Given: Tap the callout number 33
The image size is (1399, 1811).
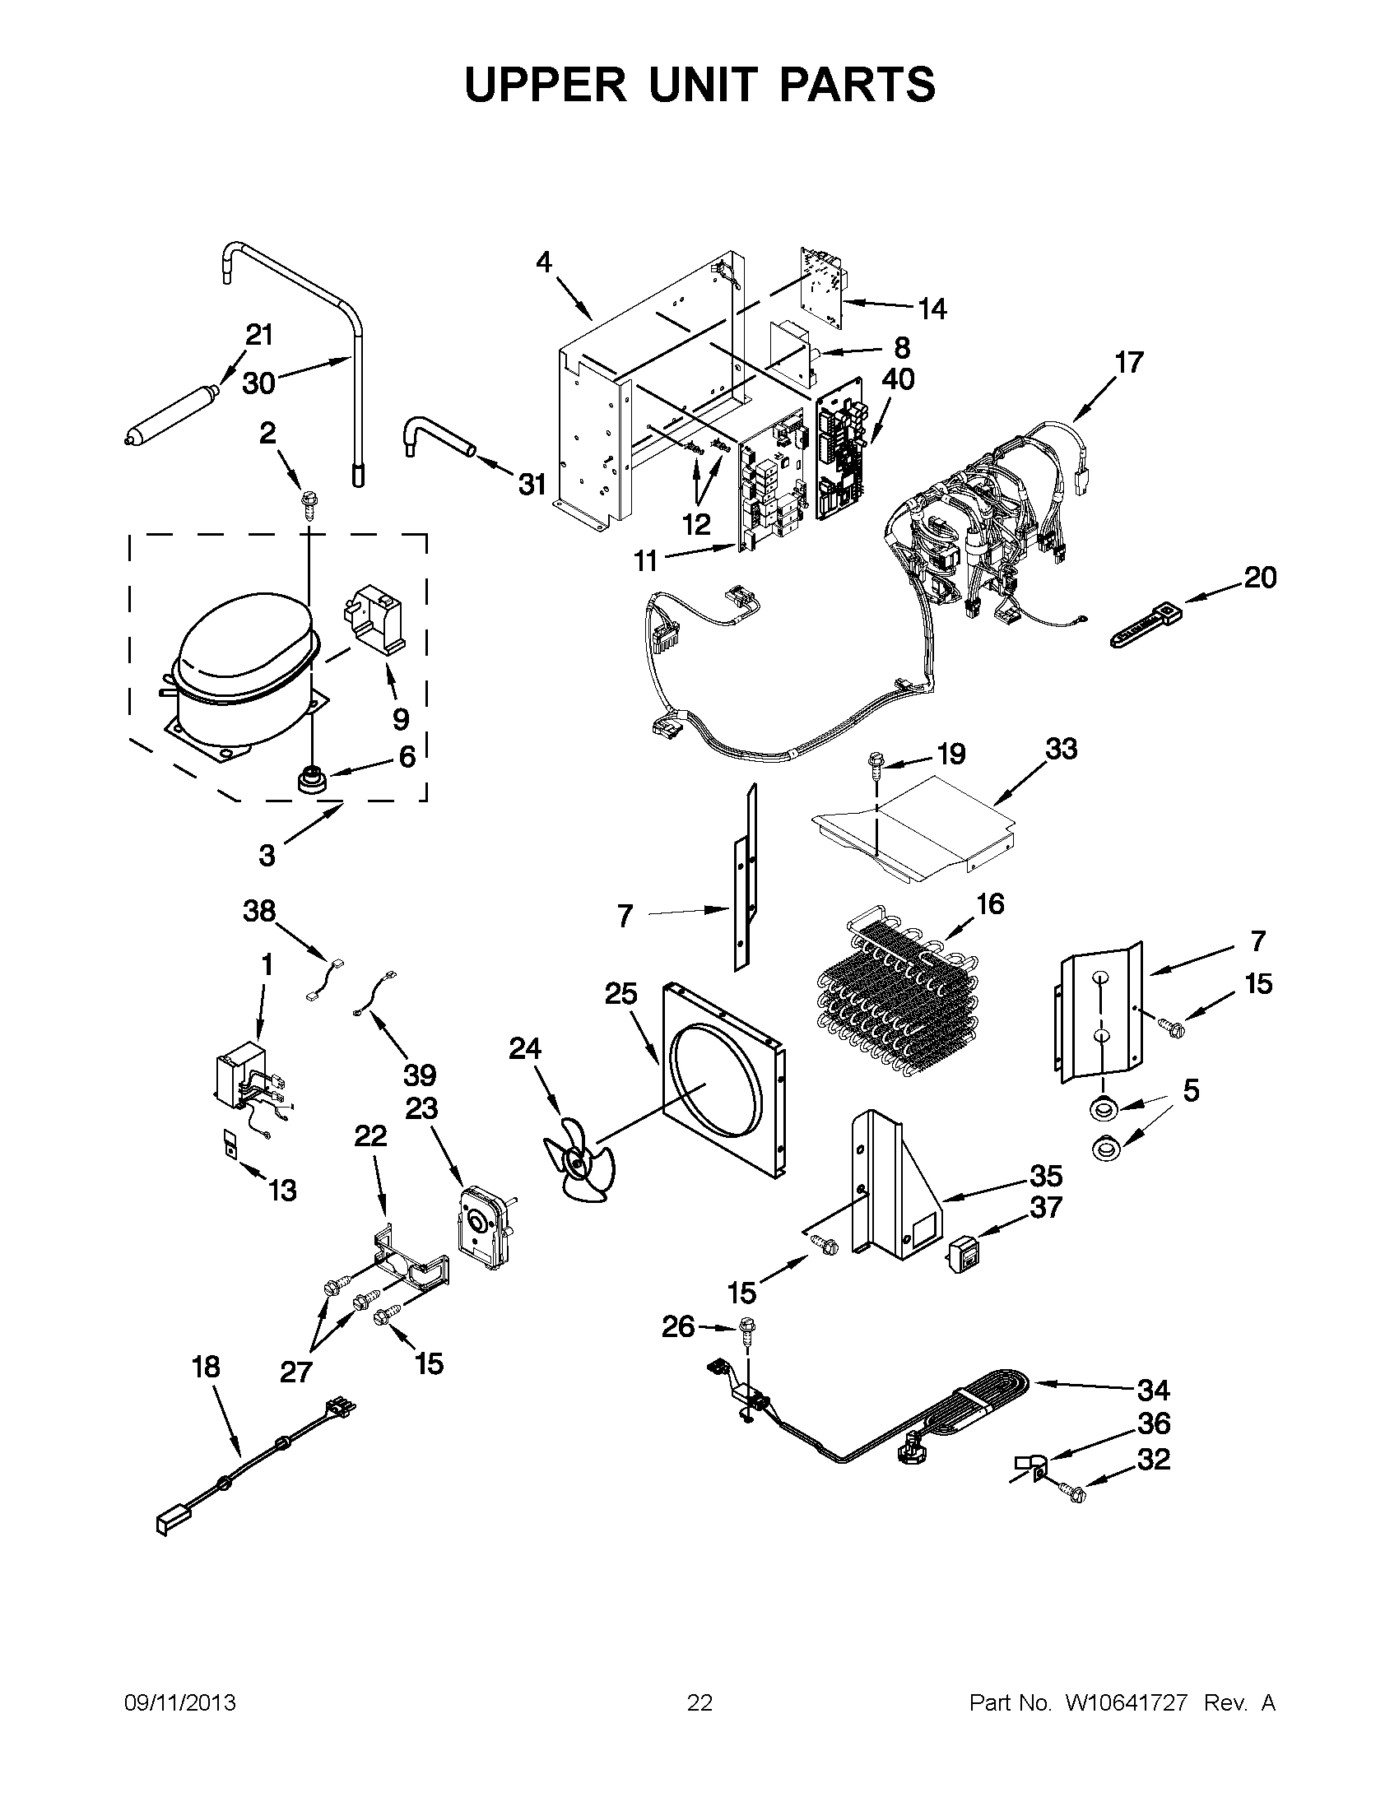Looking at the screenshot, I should [x=1061, y=749].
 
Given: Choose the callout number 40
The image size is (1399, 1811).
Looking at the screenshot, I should [x=897, y=379].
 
